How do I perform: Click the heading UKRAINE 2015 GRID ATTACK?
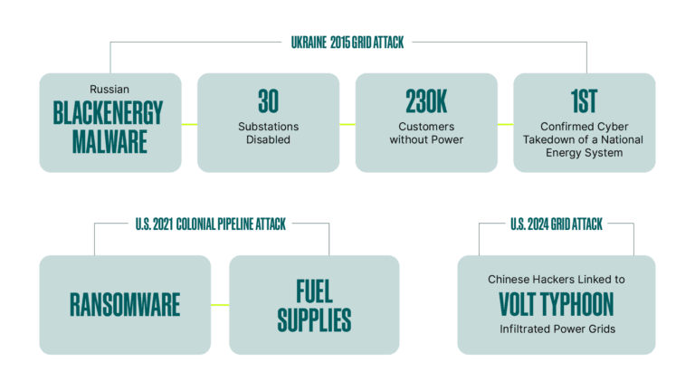[x=348, y=43]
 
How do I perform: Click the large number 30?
[x=268, y=100]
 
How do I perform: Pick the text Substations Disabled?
[x=268, y=133]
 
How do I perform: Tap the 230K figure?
[x=426, y=100]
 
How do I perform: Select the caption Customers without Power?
[x=426, y=133]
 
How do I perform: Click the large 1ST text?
[x=584, y=100]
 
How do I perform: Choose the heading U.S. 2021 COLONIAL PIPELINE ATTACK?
[x=211, y=224]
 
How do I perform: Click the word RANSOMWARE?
[x=125, y=305]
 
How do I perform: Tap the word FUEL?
[x=314, y=291]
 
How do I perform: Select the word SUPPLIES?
[x=314, y=319]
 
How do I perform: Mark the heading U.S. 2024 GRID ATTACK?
[x=556, y=224]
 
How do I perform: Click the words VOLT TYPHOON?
[x=557, y=302]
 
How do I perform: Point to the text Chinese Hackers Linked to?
[x=557, y=279]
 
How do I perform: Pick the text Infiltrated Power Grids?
[x=557, y=328]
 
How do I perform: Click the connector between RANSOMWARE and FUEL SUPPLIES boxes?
[x=220, y=305]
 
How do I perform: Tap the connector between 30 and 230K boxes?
[x=347, y=123]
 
